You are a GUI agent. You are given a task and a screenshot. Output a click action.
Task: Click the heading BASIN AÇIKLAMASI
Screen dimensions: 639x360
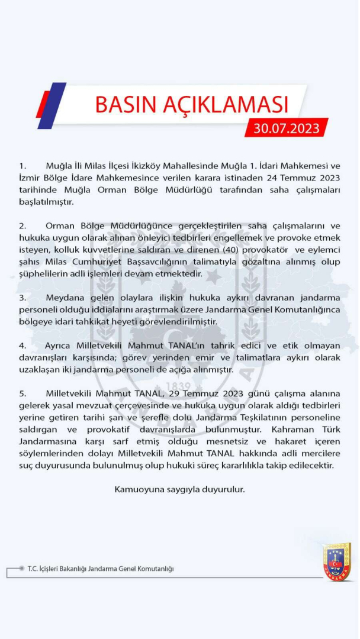coord(192,104)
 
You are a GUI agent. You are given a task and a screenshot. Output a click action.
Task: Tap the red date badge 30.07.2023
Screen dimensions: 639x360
coord(287,128)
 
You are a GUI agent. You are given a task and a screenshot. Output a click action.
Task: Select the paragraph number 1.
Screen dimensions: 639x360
coord(22,166)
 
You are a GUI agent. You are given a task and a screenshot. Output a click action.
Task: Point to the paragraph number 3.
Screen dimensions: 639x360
coord(22,298)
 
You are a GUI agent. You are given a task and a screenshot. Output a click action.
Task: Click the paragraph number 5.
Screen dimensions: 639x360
coord(22,393)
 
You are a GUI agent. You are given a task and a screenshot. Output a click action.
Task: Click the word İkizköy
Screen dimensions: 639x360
coord(134,166)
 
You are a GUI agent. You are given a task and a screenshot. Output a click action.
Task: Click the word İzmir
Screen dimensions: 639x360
coord(29,178)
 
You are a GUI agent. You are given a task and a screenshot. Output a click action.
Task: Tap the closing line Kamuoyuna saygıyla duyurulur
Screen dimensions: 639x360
coord(179,490)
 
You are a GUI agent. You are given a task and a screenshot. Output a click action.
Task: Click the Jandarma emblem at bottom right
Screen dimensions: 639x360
coord(337,561)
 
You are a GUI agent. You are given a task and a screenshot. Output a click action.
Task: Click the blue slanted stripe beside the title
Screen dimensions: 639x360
coord(52,105)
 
